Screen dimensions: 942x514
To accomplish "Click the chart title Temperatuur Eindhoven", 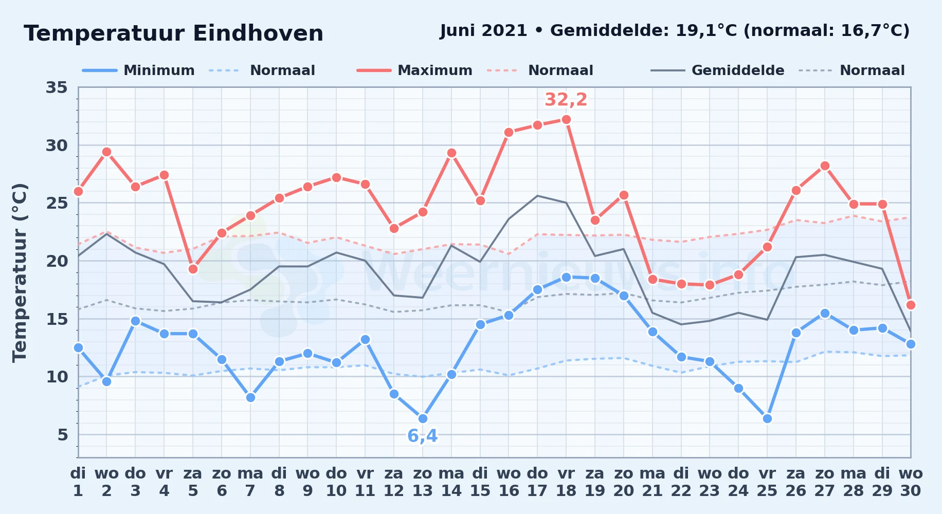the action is [x=173, y=33].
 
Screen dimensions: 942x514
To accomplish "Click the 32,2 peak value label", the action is [x=566, y=100].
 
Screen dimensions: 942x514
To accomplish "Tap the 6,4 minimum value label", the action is [x=423, y=436].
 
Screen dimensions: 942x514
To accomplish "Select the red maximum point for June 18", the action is [x=566, y=120].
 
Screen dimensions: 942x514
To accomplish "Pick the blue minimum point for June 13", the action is [x=423, y=419].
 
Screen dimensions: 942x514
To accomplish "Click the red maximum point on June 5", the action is [x=193, y=269].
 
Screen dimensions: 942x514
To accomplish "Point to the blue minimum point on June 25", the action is [x=767, y=419].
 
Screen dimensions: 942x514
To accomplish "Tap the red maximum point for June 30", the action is [x=911, y=305].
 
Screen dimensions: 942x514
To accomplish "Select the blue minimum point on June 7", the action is [x=250, y=397].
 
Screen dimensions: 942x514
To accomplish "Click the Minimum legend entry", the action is [x=138, y=70].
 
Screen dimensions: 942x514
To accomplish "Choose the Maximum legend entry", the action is [x=414, y=70].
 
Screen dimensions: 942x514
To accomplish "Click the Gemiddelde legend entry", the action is [x=717, y=70].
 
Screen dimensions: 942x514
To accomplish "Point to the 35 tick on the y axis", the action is [x=57, y=87].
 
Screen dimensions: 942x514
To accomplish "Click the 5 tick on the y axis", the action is [x=62, y=435].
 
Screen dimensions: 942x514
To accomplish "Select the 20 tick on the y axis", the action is [x=57, y=261].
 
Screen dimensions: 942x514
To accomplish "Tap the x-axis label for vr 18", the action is [x=566, y=482].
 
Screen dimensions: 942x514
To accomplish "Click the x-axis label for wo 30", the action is [x=911, y=482].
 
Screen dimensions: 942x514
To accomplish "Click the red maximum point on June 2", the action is [x=106, y=152].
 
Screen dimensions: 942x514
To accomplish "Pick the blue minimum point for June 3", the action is [x=135, y=321].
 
